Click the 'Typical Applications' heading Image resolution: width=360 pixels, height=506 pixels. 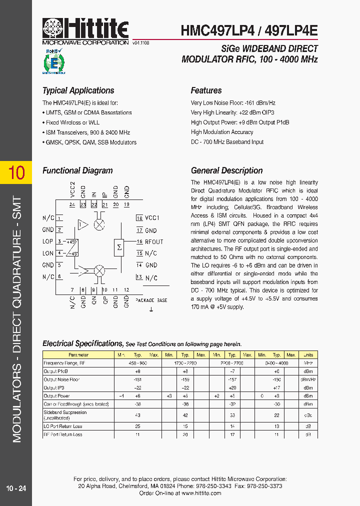point(78,90)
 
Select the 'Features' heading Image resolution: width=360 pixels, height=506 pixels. point(206,90)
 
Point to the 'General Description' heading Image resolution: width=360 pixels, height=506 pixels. point(226,170)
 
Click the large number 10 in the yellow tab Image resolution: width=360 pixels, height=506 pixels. point(16,172)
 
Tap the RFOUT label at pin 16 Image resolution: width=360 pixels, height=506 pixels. point(154,242)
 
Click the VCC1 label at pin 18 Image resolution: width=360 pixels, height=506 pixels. point(152,218)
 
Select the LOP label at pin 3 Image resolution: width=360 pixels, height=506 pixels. point(48,241)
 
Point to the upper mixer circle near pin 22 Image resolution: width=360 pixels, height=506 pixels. point(99,224)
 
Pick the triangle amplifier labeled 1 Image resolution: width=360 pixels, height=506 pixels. point(81,225)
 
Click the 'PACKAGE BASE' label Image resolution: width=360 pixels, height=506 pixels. point(151,300)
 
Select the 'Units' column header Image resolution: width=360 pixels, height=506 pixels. point(308,355)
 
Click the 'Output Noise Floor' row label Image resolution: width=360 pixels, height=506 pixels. point(61,380)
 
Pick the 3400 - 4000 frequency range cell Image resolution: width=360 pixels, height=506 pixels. point(276,363)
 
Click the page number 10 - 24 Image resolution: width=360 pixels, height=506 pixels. point(16,488)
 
